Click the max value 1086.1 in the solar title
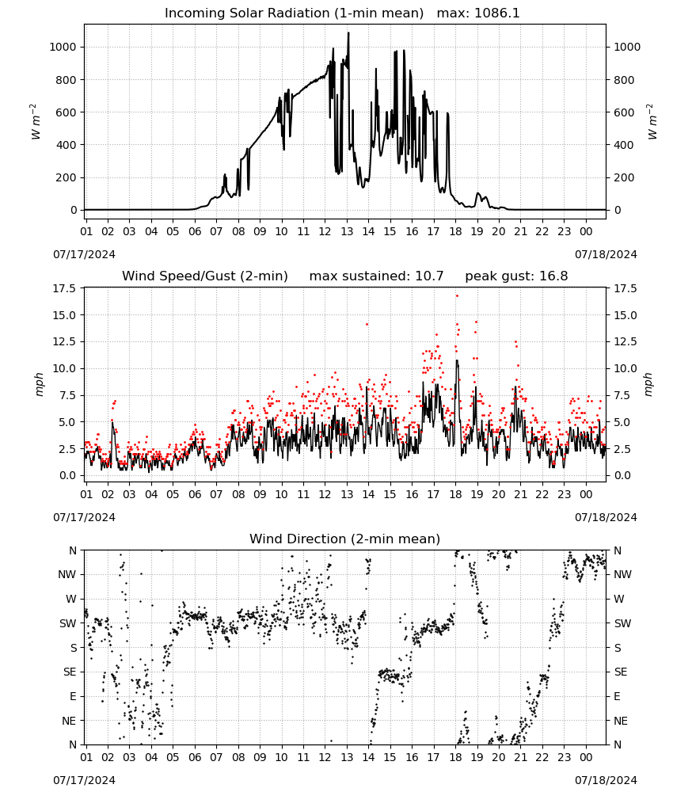point(496,13)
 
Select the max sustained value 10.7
point(430,276)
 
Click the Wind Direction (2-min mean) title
point(345,539)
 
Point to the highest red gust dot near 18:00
point(457,296)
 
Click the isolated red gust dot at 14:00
point(367,324)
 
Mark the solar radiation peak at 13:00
point(348,32)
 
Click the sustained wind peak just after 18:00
point(457,360)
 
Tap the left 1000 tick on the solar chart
point(63,47)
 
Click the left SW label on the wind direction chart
point(68,623)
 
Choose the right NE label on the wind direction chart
point(621,721)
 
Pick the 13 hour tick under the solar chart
point(347,231)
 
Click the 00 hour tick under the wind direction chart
point(586,757)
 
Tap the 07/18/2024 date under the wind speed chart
point(606,517)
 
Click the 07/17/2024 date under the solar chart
point(84,254)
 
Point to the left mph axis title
point(40,384)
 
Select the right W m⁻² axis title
point(651,122)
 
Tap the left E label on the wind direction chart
point(73,696)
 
